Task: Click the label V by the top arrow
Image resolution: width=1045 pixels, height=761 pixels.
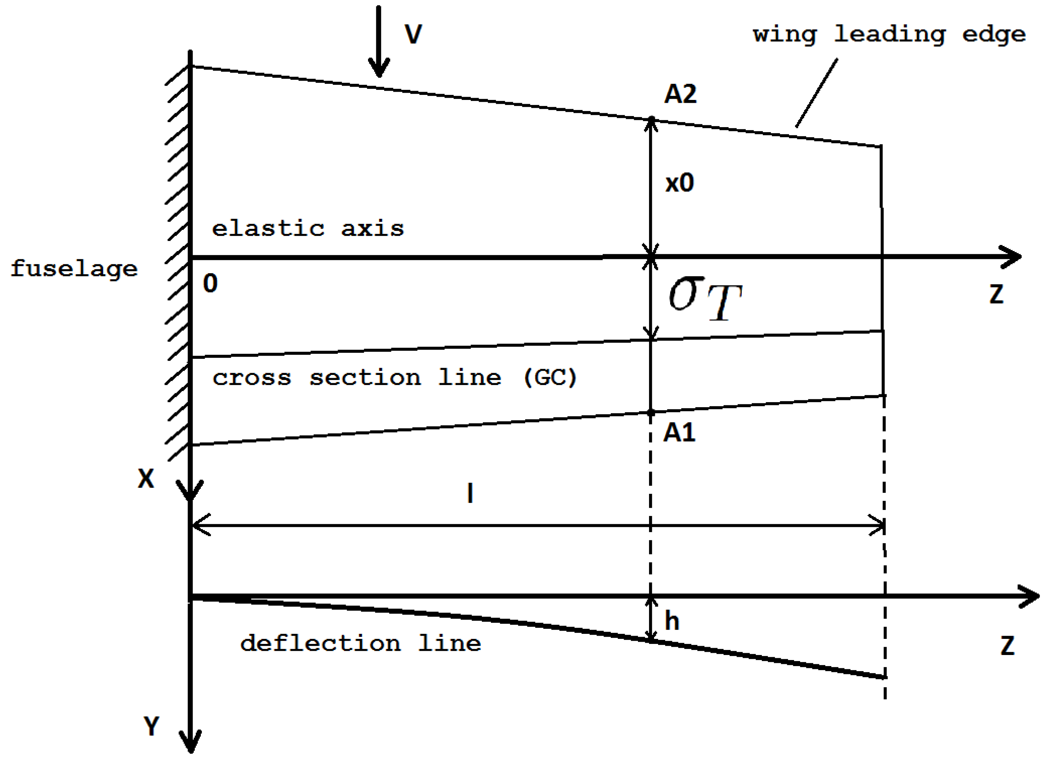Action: point(413,34)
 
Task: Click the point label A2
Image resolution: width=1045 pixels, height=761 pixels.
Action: point(680,94)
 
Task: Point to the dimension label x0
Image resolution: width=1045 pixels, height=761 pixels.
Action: point(679,183)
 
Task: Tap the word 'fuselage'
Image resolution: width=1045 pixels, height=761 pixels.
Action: point(74,268)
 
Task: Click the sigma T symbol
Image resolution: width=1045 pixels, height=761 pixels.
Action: point(705,299)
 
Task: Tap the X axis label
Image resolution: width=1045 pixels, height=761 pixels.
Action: point(146,479)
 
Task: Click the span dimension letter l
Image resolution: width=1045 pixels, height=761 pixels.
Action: point(470,493)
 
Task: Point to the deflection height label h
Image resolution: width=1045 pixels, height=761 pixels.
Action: point(672,621)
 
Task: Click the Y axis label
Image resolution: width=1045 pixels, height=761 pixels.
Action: point(151,726)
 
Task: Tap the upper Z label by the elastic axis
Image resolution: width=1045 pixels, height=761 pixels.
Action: point(996,294)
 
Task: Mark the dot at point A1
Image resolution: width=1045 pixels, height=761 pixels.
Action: point(650,413)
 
